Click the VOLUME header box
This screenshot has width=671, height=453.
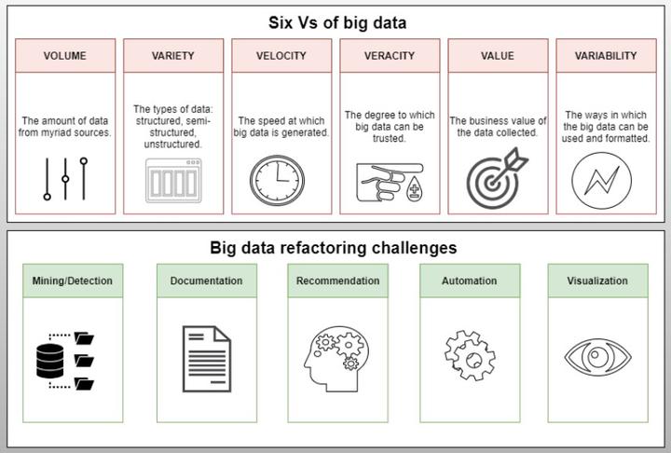pyautogui.click(x=65, y=56)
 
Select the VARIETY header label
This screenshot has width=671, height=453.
pyautogui.click(x=173, y=56)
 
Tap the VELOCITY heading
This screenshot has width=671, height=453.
pyautogui.click(x=281, y=56)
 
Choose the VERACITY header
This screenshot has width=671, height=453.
pyautogui.click(x=390, y=56)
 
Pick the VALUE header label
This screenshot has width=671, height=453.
pyautogui.click(x=498, y=56)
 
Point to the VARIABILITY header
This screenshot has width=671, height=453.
pyautogui.click(x=606, y=56)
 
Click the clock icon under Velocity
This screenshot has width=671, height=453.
pyautogui.click(x=277, y=180)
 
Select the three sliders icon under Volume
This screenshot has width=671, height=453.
pyautogui.click(x=65, y=178)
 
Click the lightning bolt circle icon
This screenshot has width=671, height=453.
pyautogui.click(x=600, y=180)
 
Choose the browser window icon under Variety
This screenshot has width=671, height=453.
pyautogui.click(x=172, y=180)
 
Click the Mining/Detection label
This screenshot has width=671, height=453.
pyautogui.click(x=72, y=281)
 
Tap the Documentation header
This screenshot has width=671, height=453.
pyautogui.click(x=207, y=281)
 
